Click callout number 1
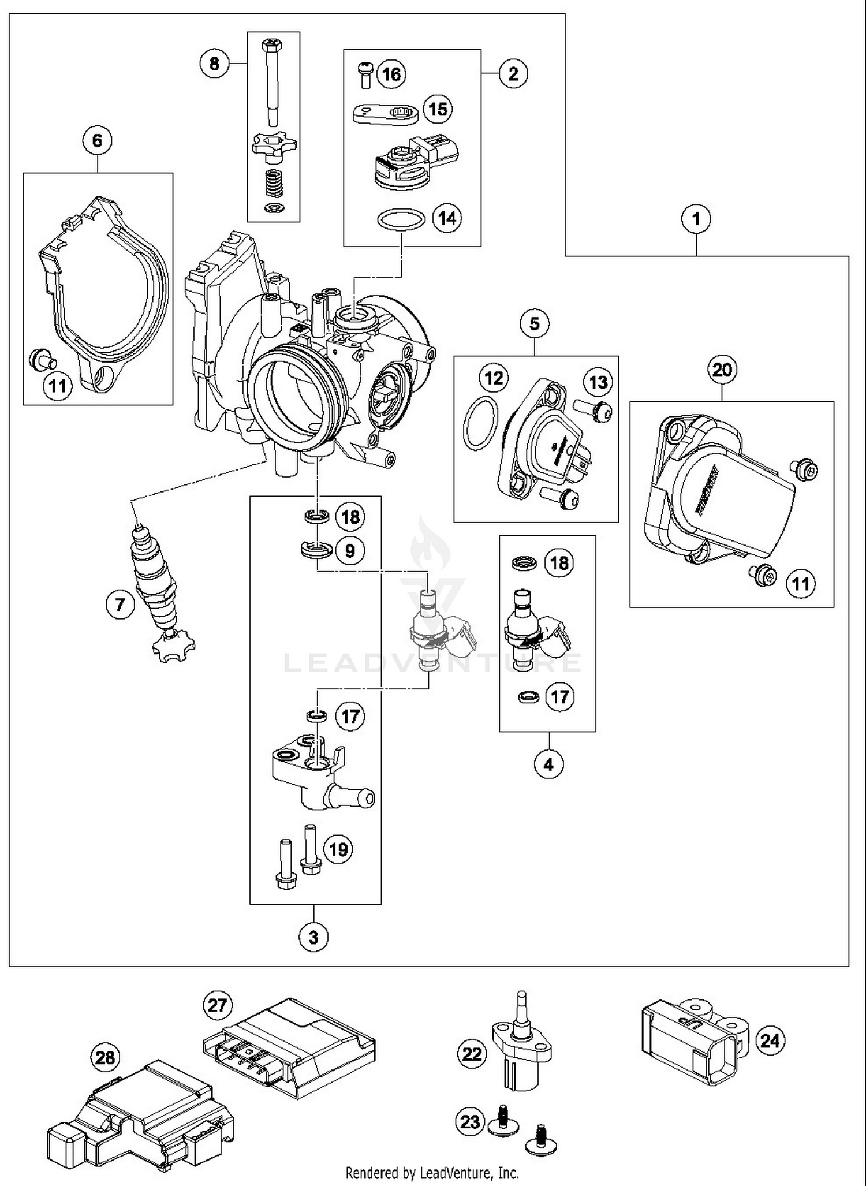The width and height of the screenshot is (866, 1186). [x=696, y=219]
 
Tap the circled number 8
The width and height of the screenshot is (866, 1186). [x=214, y=63]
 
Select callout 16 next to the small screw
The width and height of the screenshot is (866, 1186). [x=391, y=74]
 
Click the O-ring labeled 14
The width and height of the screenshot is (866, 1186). [x=401, y=220]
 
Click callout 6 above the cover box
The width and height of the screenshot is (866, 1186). [x=97, y=140]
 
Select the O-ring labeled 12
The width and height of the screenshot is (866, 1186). [x=480, y=423]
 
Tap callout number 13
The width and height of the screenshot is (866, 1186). [x=598, y=382]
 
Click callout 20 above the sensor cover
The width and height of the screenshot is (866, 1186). [x=722, y=369]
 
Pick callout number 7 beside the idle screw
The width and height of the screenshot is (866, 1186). [x=120, y=605]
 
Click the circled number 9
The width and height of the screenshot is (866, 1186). [x=350, y=550]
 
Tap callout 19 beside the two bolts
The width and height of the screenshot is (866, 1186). [x=338, y=849]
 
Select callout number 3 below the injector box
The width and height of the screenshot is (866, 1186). [x=313, y=937]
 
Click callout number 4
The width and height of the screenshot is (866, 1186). [x=548, y=764]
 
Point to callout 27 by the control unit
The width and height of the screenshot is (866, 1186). [x=217, y=1005]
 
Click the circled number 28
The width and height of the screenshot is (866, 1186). [x=105, y=1058]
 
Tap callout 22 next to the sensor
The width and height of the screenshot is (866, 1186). [x=472, y=1054]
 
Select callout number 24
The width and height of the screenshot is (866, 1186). [x=770, y=1040]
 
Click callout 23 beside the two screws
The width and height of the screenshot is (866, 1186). [x=470, y=1121]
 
